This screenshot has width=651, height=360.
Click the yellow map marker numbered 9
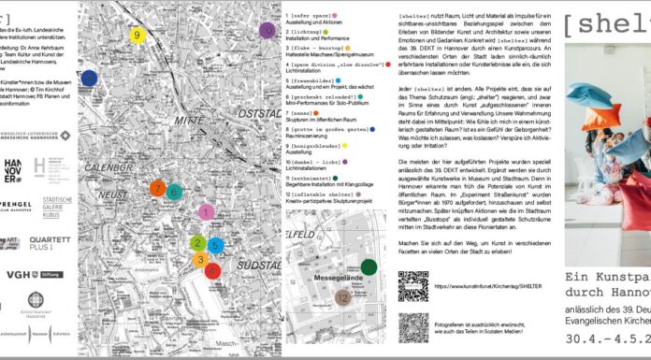point(137,36)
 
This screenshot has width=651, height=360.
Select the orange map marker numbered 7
point(157,190)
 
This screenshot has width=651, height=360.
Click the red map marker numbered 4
point(213,271)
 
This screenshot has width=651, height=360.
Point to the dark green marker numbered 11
point(369,267)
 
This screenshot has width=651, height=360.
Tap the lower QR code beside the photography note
point(413,328)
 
